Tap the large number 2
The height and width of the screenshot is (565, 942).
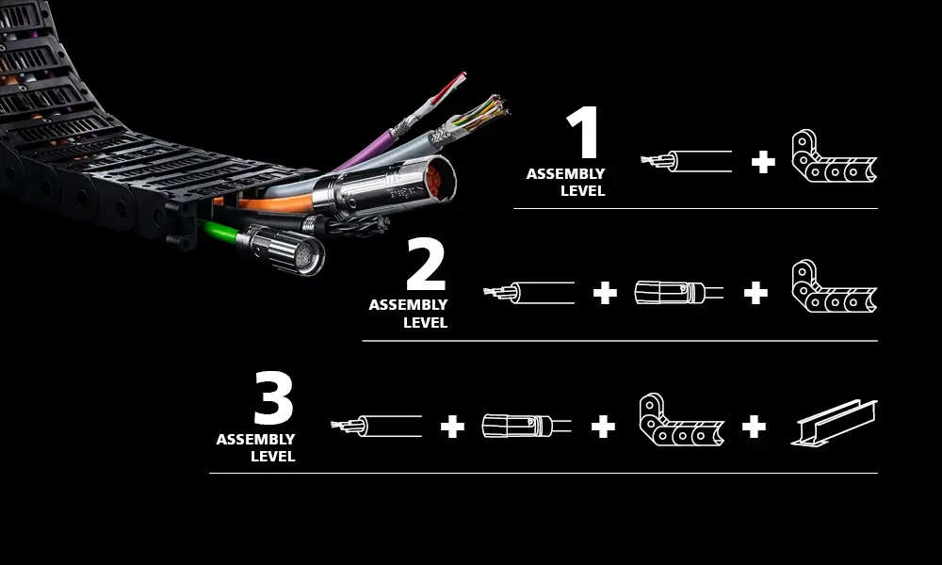pos(426,266)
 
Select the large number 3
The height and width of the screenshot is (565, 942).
pos(274,400)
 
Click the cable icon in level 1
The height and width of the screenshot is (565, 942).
pos(687,161)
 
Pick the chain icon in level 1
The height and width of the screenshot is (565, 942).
pos(834,156)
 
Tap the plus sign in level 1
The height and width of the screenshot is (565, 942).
pos(763,162)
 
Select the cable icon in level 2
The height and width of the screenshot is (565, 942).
pos(529,293)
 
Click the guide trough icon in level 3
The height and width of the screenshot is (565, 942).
pos(834,422)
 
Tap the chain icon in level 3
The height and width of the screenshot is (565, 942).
pos(681,420)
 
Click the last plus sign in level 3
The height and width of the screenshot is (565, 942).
pos(754,427)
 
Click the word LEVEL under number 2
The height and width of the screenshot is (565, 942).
pos(425,323)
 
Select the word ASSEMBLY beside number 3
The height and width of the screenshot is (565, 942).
pos(255,440)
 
